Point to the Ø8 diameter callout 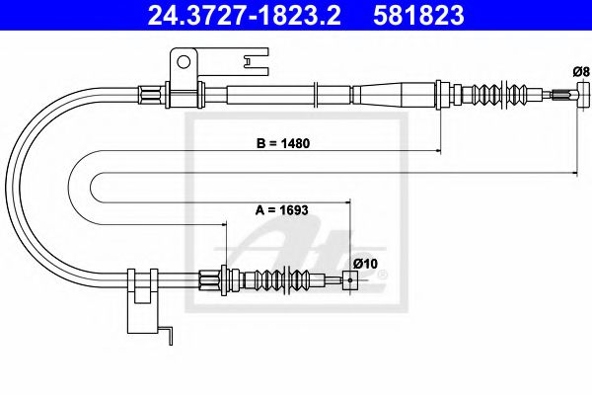[580, 70]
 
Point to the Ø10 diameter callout [364, 263]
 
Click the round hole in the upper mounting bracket [184, 63]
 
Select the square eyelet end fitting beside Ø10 [347, 281]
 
